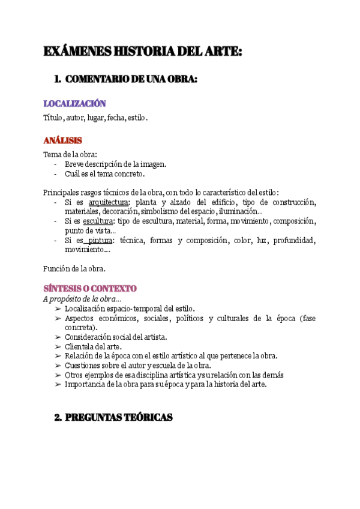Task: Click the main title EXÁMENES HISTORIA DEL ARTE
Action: click(x=142, y=52)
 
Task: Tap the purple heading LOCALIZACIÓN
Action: click(x=74, y=104)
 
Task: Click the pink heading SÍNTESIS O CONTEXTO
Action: click(x=90, y=289)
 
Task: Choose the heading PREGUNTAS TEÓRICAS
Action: click(x=118, y=417)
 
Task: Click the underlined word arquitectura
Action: click(x=109, y=202)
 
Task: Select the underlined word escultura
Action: click(x=98, y=221)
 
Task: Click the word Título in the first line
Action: click(x=53, y=118)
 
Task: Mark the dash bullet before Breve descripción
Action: click(x=56, y=164)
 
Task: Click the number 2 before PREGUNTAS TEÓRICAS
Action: click(x=58, y=417)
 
